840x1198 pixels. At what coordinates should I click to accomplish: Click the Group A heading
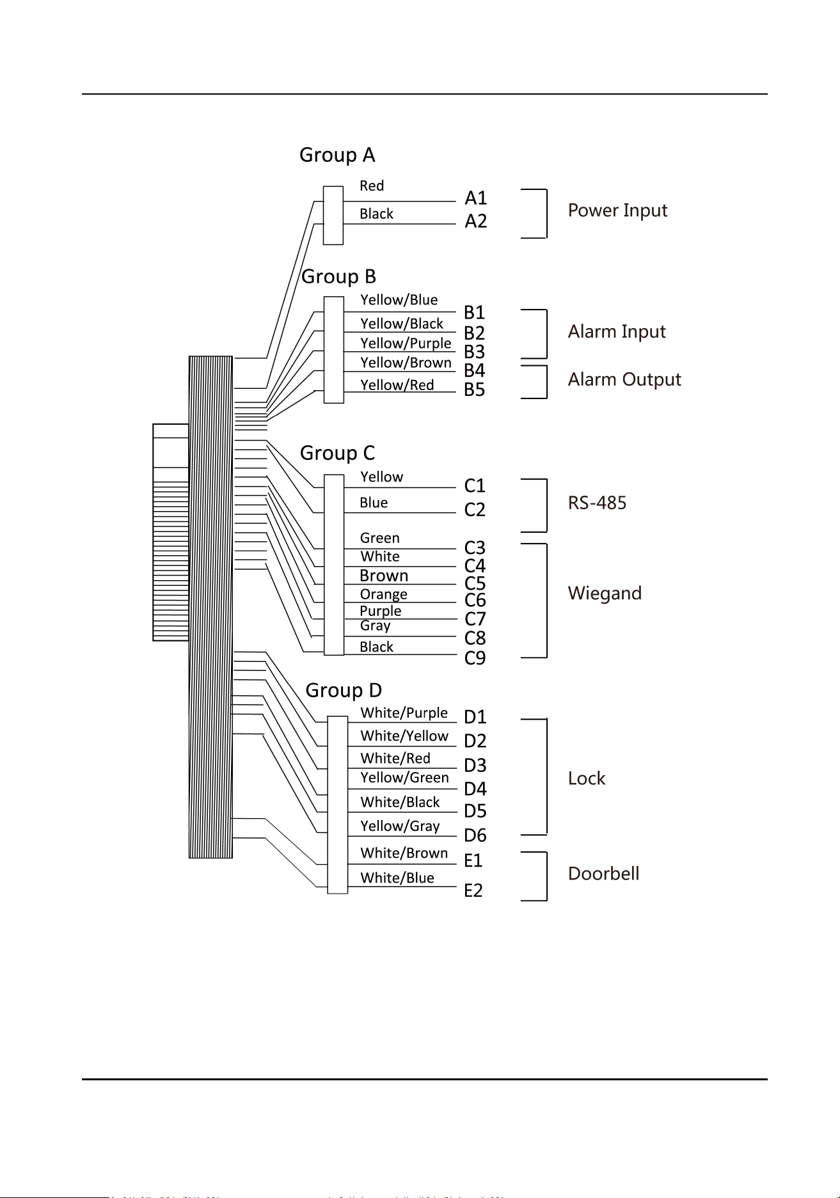pos(337,155)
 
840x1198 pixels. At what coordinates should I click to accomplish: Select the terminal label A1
pos(476,198)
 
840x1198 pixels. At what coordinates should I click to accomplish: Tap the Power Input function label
pos(617,210)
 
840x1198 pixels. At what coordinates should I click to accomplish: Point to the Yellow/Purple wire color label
pos(406,343)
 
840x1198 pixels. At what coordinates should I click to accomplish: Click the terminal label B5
pos(475,390)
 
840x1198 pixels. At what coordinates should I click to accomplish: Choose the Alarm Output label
pos(624,379)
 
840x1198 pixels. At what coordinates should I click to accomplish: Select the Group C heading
pos(337,453)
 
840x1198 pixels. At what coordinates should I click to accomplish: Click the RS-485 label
pos(597,503)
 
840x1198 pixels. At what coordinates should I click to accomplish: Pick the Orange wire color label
pos(383,594)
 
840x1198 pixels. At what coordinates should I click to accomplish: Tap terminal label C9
pos(475,658)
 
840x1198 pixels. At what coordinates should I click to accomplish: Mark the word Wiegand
pos(605,594)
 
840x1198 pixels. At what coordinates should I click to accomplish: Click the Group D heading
pos(344,690)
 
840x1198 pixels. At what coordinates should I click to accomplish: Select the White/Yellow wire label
pos(404,736)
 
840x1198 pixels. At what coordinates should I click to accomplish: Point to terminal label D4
pos(475,789)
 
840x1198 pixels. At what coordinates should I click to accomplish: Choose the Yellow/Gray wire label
pos(400,826)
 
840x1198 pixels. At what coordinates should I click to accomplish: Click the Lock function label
pos(587,778)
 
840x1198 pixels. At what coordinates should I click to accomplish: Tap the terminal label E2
pos(473,890)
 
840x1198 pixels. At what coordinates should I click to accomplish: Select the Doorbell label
pos(603,874)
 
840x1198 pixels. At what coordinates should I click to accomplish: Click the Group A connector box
pos(333,215)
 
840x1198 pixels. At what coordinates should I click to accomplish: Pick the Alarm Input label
pos(617,331)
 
